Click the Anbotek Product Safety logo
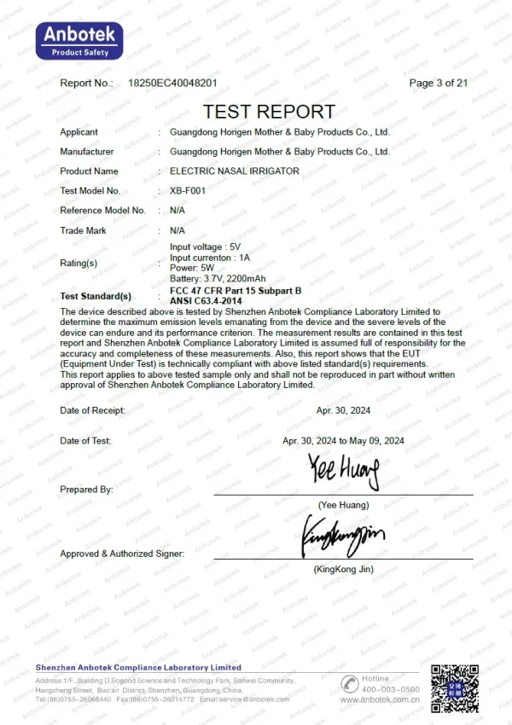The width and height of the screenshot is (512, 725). (79, 41)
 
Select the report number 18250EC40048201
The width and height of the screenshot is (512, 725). (172, 83)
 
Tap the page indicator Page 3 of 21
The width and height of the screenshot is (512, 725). (439, 83)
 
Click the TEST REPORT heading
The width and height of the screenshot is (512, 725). (269, 112)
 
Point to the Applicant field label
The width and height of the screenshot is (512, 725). (79, 132)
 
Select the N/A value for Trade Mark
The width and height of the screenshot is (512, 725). (177, 230)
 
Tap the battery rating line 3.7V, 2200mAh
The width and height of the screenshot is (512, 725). (218, 278)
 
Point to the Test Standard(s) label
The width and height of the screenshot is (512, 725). (96, 296)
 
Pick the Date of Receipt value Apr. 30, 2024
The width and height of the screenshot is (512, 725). (343, 410)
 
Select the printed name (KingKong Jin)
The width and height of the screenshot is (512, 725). (343, 569)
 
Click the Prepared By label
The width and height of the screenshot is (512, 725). (86, 490)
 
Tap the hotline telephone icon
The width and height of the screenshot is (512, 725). (349, 684)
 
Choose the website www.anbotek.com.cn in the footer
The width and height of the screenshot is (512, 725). (380, 699)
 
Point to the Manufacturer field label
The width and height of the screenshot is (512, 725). (86, 152)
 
